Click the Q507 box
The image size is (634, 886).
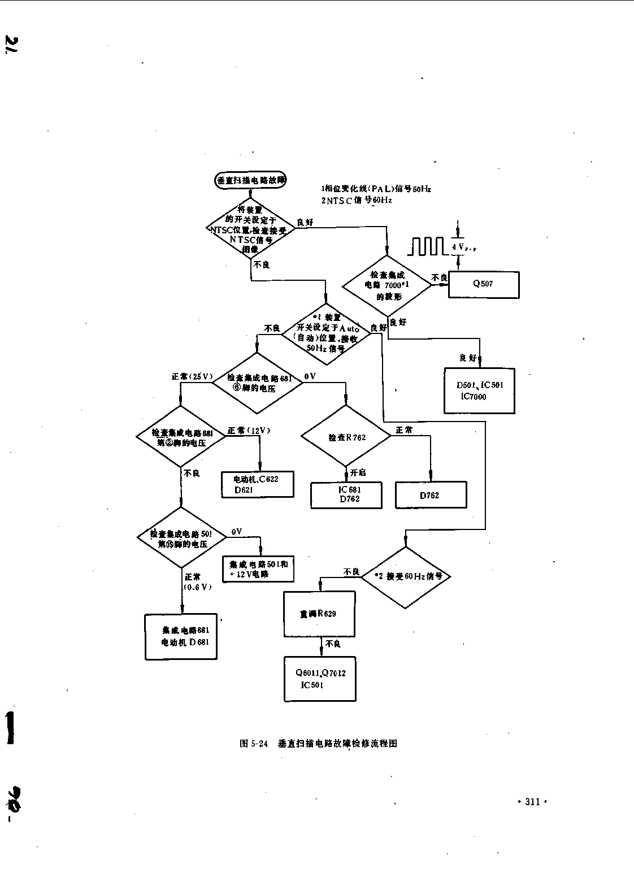click(x=484, y=284)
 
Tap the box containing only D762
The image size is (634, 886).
click(x=431, y=496)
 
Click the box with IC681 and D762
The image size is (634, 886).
click(x=346, y=495)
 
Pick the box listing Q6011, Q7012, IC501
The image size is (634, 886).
click(x=320, y=679)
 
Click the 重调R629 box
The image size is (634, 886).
click(x=319, y=614)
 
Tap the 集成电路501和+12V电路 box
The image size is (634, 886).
click(x=259, y=569)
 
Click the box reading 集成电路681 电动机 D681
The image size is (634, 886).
click(x=181, y=636)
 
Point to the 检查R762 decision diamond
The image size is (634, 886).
click(x=346, y=437)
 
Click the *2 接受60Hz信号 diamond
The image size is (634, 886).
click(x=406, y=577)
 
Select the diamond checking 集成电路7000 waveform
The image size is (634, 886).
click(x=388, y=285)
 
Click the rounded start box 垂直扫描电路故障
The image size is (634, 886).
click(x=250, y=180)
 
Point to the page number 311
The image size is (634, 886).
click(x=532, y=801)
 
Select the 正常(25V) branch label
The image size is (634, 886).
click(x=192, y=376)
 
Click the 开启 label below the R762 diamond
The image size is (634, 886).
click(x=357, y=472)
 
